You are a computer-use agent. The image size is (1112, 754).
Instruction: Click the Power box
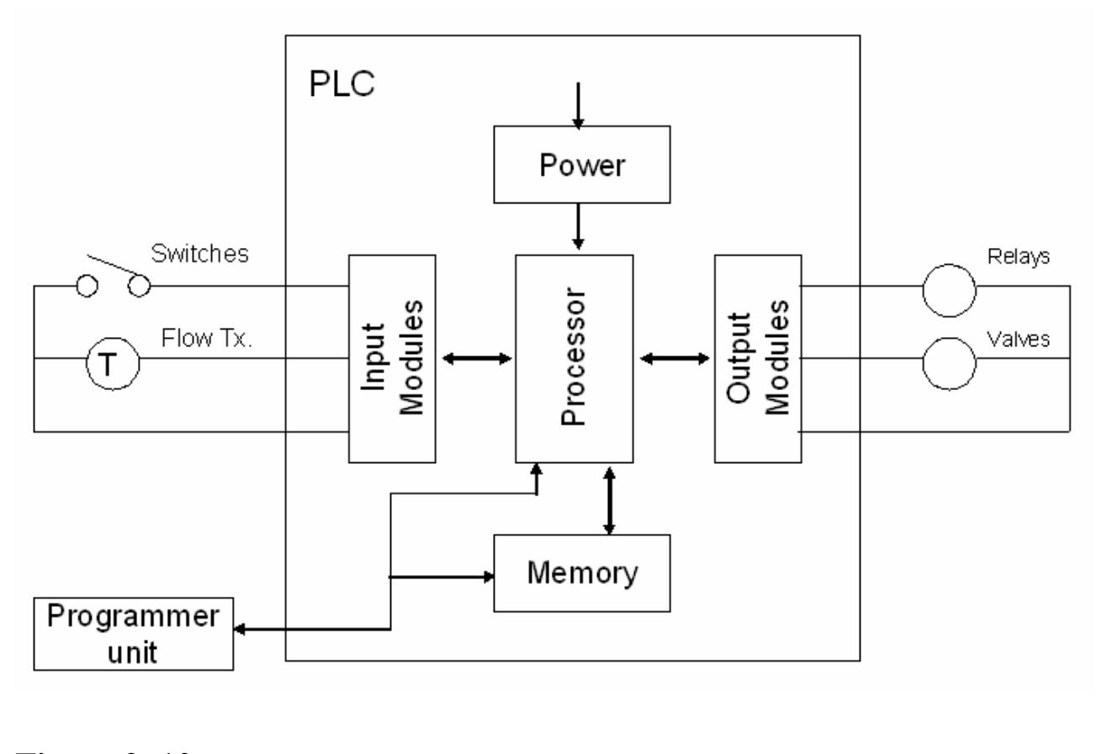pos(582,165)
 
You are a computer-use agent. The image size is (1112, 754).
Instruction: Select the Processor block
pos(574,359)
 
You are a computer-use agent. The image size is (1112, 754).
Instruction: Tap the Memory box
pos(582,573)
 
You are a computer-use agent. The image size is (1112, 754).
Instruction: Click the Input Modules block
pos(392,359)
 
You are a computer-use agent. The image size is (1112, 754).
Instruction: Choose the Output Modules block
pos(757,359)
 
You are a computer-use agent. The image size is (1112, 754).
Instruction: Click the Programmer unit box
pos(134,634)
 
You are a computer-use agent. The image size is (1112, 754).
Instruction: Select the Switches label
pos(199,254)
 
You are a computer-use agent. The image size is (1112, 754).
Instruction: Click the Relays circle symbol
pos(949,288)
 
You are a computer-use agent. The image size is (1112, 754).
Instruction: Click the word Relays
pos(1019,257)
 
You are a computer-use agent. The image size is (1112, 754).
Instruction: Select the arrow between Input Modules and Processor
pos(476,359)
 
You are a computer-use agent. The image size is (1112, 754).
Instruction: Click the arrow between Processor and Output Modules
pos(674,359)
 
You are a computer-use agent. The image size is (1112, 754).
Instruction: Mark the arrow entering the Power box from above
pos(578,105)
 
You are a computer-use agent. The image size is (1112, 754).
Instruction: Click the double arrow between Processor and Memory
pos(610,500)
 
